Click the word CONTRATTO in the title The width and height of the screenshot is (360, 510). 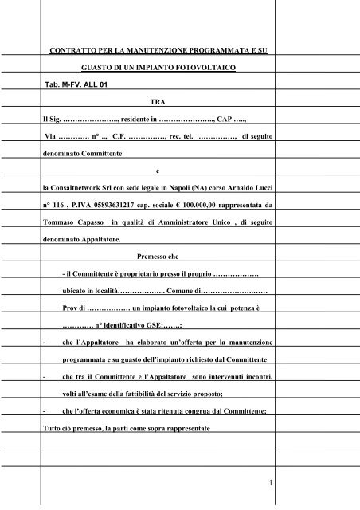click(x=73, y=50)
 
